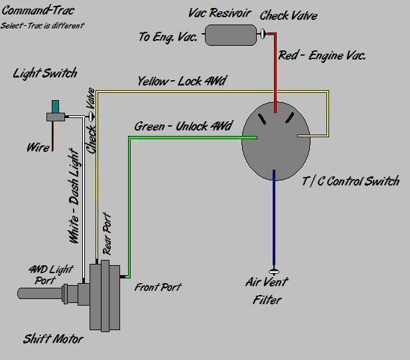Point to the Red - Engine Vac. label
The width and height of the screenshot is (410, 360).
[x=322, y=56]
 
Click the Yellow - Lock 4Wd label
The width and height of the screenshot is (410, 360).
[x=181, y=82]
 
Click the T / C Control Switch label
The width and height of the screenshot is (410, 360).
[x=351, y=180]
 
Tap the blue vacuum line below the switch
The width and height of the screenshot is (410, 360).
[x=273, y=219]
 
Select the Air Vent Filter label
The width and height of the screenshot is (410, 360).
[x=267, y=290]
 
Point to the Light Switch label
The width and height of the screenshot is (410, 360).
[x=45, y=73]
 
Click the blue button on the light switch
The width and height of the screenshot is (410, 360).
[x=54, y=107]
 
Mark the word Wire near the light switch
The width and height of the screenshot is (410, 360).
[x=37, y=147]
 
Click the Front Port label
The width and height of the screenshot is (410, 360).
[x=158, y=287]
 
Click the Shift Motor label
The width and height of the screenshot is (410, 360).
[x=53, y=339]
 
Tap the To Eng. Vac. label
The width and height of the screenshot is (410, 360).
[x=168, y=37]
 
